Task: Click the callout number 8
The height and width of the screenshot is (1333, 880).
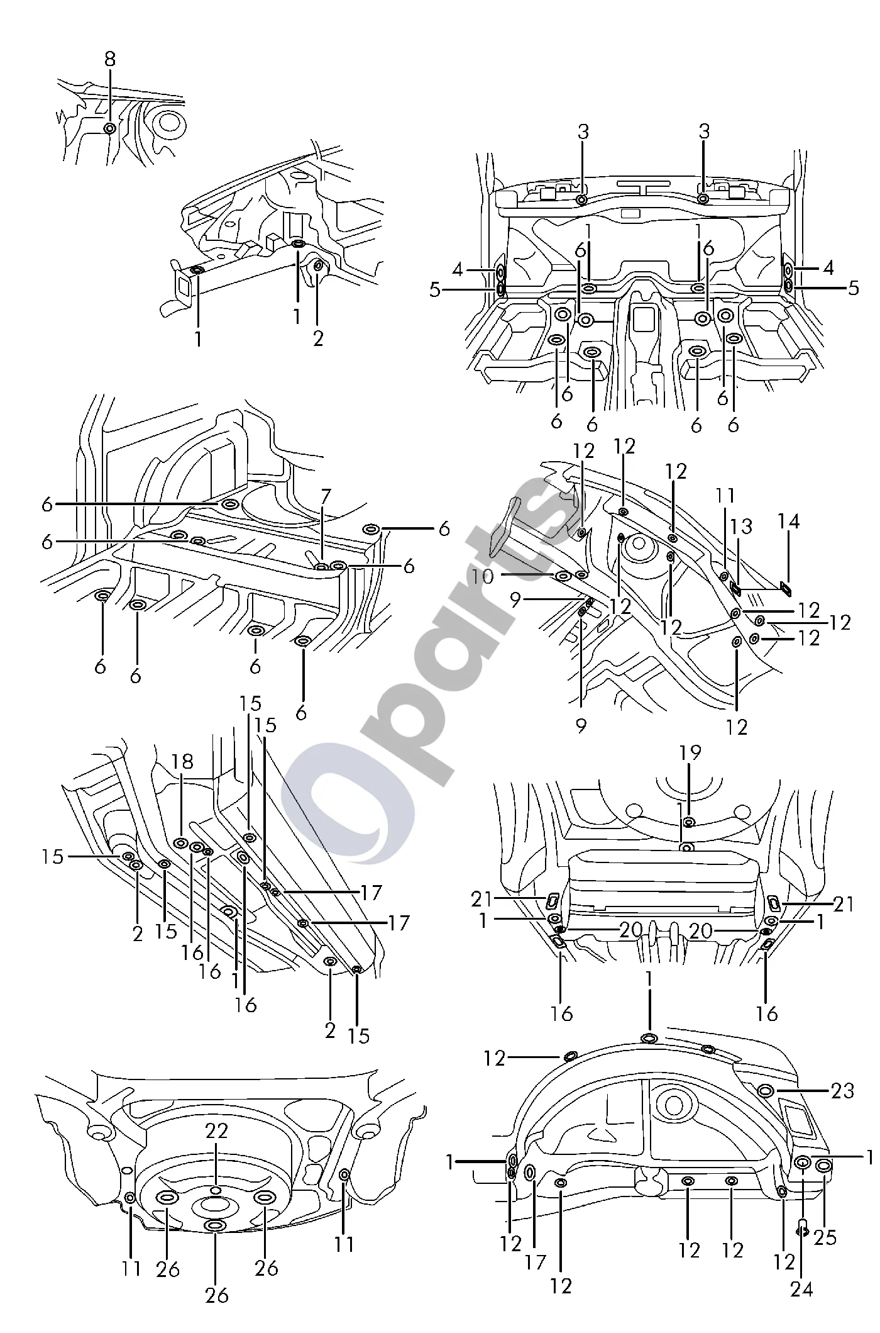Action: pyautogui.click(x=110, y=60)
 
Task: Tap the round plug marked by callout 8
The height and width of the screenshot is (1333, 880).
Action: pyautogui.click(x=109, y=128)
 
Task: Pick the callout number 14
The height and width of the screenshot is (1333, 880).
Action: pyautogui.click(x=789, y=521)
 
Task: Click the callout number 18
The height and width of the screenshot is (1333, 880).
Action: pyautogui.click(x=182, y=762)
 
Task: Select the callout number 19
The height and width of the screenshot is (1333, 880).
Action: pyautogui.click(x=690, y=752)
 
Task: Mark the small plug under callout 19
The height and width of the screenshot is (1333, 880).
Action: pyautogui.click(x=689, y=822)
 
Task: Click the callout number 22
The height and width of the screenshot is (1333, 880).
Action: pyautogui.click(x=216, y=1131)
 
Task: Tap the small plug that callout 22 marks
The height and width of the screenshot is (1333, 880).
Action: pyautogui.click(x=216, y=1189)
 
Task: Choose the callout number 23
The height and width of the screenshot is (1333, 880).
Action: pyautogui.click(x=842, y=1090)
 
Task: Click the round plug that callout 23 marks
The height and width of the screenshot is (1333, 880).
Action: pyautogui.click(x=766, y=1090)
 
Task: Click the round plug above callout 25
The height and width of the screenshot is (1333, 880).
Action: pyautogui.click(x=823, y=1166)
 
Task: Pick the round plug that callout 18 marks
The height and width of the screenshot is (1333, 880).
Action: pyautogui.click(x=181, y=843)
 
